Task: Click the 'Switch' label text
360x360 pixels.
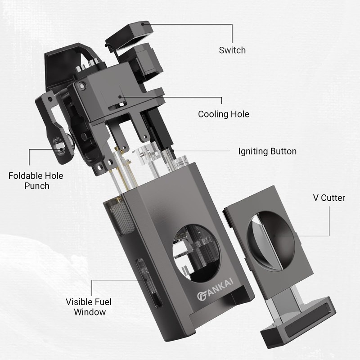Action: click(232, 50)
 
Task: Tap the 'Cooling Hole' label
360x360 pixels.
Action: click(223, 114)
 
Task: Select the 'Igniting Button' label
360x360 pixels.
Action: click(267, 151)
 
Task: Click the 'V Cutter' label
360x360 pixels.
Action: click(329, 198)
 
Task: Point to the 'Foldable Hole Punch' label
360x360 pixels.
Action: click(36, 180)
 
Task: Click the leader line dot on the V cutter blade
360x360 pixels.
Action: click(274, 234)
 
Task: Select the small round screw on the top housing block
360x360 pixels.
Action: click(81, 86)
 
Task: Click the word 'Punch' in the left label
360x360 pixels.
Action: click(36, 186)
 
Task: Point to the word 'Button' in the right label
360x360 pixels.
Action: click(283, 151)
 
